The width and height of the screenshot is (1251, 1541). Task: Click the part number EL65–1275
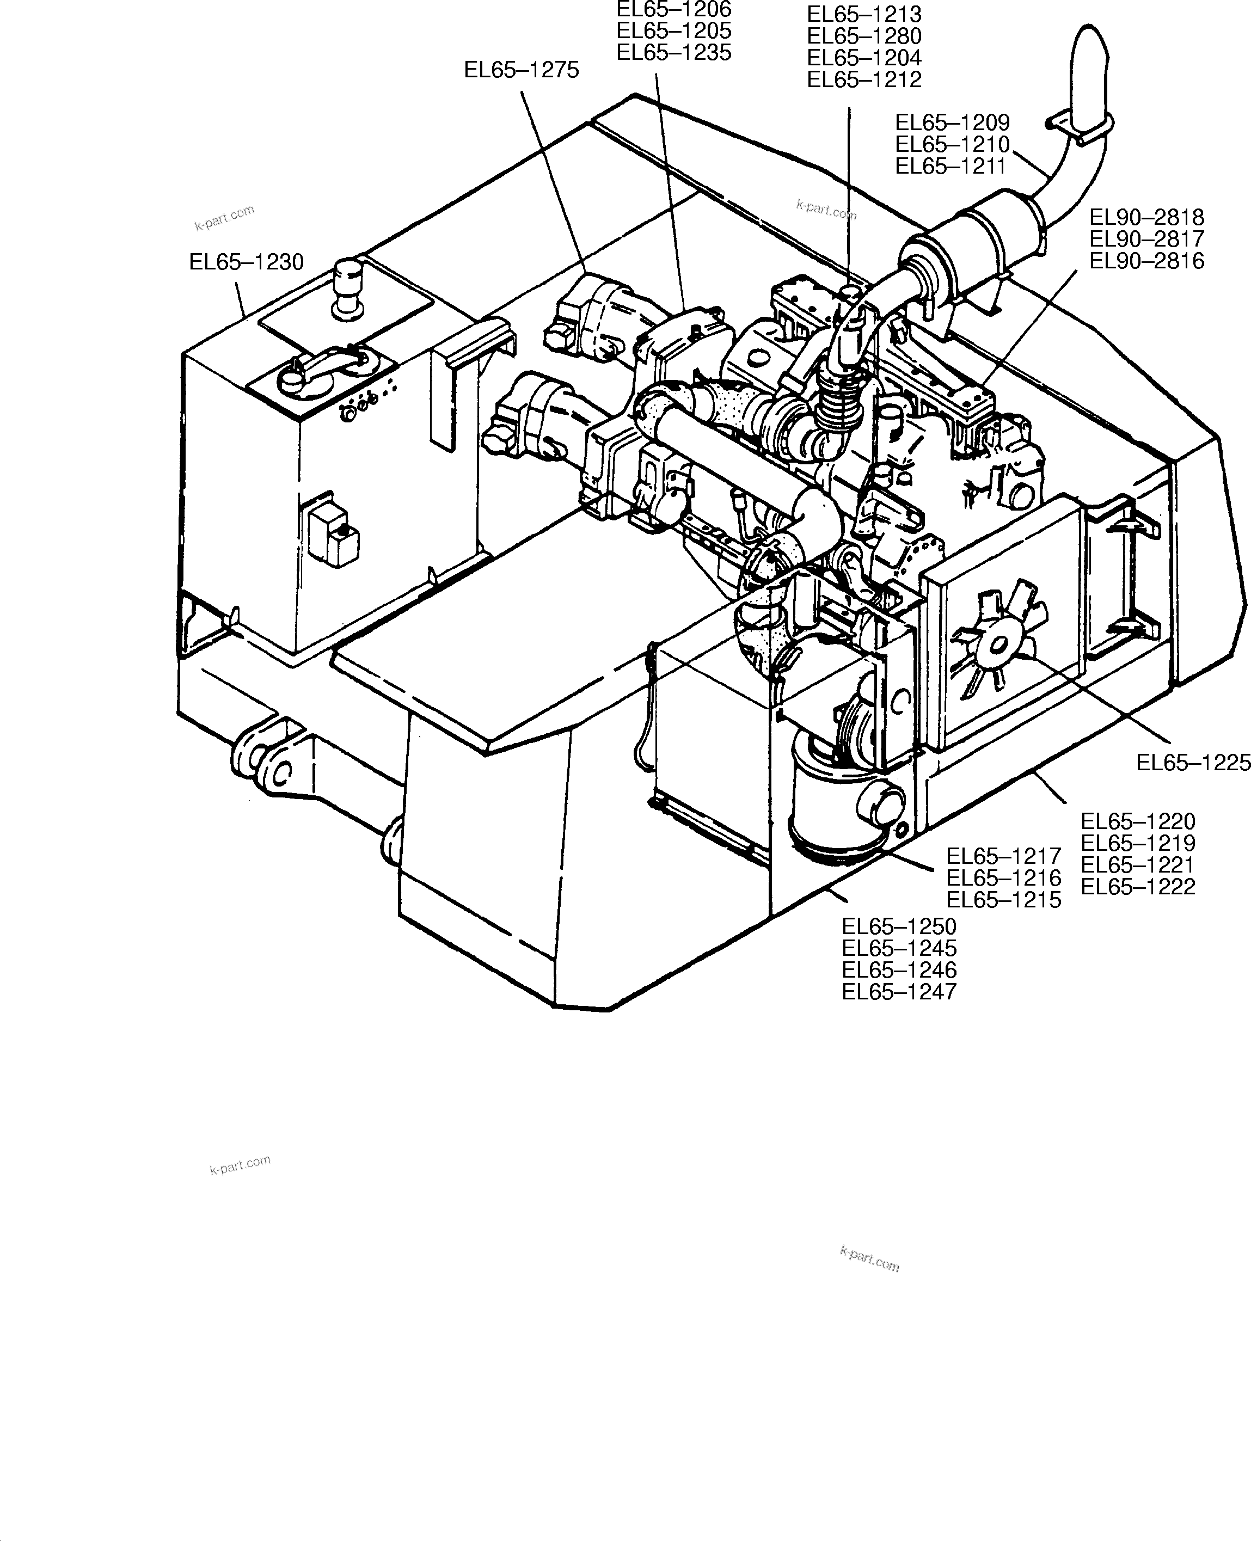(521, 70)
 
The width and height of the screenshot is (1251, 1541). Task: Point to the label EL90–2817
(1146, 239)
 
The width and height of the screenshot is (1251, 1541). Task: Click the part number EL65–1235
(674, 53)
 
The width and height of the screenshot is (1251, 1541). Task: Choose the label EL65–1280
(864, 36)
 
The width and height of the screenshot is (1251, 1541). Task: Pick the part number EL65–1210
(952, 144)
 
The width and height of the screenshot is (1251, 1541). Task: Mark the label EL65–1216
(1003, 877)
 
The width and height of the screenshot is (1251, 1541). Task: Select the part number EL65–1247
(899, 992)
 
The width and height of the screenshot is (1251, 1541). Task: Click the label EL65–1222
(1138, 887)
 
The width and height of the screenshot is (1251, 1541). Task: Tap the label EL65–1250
(899, 926)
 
